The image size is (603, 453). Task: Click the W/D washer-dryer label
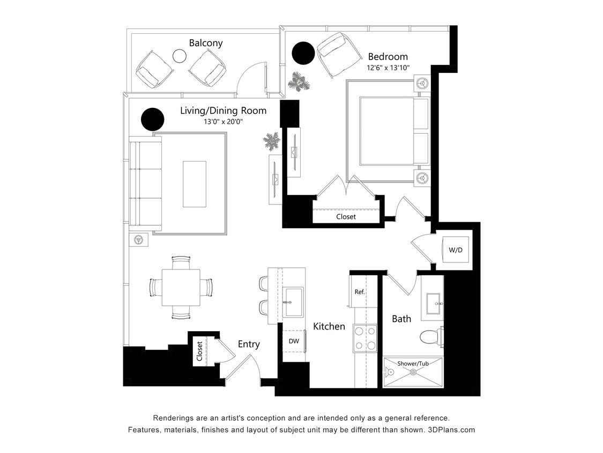(455, 250)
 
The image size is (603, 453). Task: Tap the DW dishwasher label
(293, 341)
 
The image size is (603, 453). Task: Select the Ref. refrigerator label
(359, 292)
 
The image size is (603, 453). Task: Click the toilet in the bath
(430, 337)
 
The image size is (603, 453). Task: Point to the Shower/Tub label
(413, 363)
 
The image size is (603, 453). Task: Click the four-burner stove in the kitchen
(364, 338)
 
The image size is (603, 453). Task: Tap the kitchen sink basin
(293, 302)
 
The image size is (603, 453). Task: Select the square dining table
(181, 287)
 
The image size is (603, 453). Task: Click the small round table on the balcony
(179, 55)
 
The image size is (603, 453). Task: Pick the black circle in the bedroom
(303, 53)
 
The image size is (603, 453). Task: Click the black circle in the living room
(152, 119)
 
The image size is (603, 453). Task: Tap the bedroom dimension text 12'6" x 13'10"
(388, 68)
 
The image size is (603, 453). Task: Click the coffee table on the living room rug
(194, 184)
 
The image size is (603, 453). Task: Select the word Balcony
(206, 43)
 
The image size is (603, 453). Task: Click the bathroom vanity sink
(432, 304)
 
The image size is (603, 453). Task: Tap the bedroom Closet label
(346, 217)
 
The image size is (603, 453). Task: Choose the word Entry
(249, 344)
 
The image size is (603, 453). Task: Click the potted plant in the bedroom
(298, 82)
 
